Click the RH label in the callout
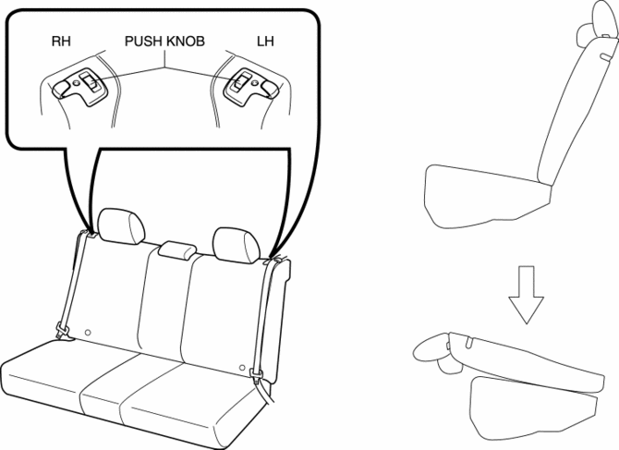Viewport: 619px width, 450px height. [x=61, y=41]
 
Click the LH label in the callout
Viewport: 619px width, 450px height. [x=265, y=41]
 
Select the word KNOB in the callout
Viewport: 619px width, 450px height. [x=186, y=41]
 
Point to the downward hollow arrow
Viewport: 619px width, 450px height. [x=526, y=295]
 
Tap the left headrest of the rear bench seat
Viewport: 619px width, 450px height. [x=122, y=225]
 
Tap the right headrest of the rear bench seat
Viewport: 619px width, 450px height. [x=237, y=245]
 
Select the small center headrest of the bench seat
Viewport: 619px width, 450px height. [x=177, y=249]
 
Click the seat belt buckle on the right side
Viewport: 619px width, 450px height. [x=256, y=373]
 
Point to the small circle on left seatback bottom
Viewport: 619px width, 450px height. [x=88, y=333]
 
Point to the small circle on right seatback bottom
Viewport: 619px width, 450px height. [x=242, y=368]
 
